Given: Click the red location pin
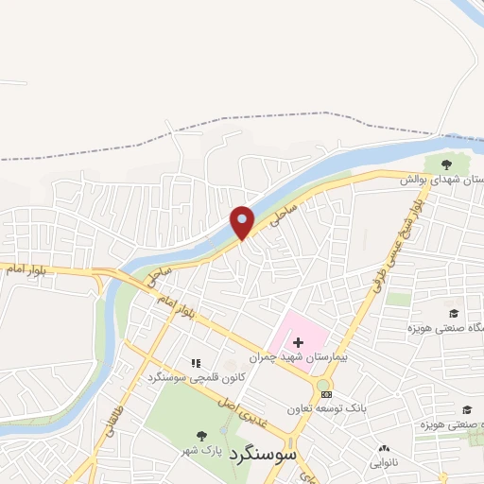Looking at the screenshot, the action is (243, 221).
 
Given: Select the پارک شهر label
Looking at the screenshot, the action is (200, 450).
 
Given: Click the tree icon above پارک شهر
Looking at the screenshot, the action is (200, 436).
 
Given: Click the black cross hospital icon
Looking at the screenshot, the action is (298, 341).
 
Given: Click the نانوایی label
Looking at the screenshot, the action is (383, 462).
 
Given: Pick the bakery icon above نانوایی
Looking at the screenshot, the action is (383, 449).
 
